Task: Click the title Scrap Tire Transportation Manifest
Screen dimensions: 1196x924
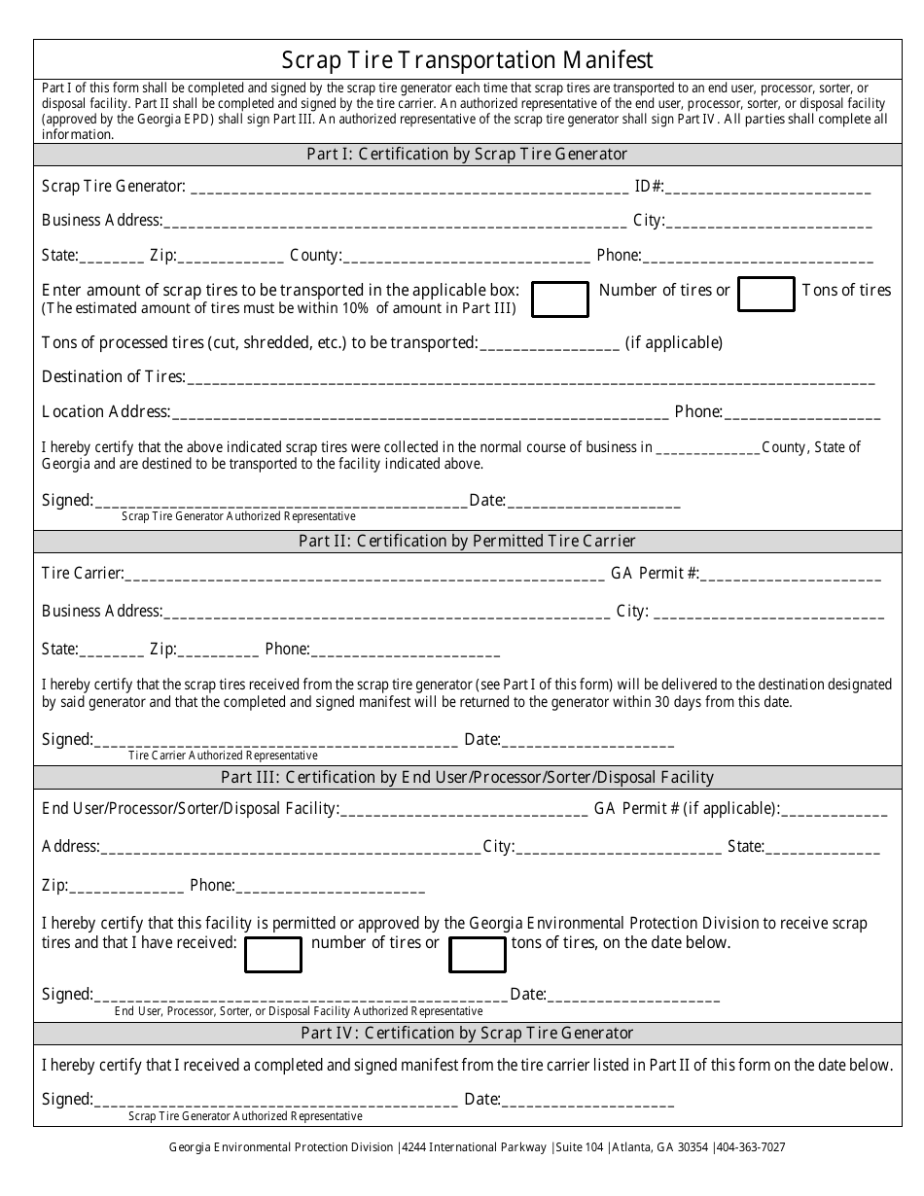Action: click(468, 60)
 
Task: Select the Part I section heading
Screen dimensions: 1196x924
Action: click(468, 154)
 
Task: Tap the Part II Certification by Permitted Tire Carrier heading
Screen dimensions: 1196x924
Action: click(468, 541)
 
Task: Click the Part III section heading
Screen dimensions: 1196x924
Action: click(468, 777)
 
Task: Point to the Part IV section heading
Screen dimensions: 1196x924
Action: click(468, 1033)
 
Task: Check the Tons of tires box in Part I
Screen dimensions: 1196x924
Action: click(766, 294)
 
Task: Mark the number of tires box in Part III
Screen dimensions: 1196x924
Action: click(272, 955)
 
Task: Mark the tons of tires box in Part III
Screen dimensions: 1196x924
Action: click(477, 955)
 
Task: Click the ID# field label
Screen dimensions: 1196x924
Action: click(649, 186)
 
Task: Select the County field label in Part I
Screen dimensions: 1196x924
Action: click(315, 256)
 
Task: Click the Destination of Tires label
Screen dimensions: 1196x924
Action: click(113, 377)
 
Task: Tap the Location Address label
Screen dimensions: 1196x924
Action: click(106, 411)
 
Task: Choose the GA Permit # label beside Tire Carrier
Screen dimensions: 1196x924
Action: click(655, 574)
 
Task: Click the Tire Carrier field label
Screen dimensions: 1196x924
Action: click(83, 574)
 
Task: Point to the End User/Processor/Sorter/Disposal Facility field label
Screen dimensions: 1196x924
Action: click(191, 808)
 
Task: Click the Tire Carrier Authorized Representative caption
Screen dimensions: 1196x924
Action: click(223, 756)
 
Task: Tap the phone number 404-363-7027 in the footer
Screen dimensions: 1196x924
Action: click(751, 1147)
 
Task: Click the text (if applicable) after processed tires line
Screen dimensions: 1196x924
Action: click(674, 342)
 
